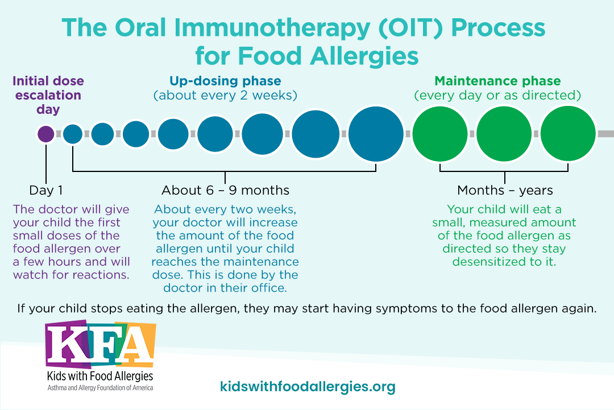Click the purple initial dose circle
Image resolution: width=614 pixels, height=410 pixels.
[46, 134]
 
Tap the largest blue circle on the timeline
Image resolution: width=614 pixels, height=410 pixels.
[376, 134]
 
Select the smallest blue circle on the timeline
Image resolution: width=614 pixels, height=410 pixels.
[73, 134]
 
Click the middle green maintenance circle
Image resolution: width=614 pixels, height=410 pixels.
[504, 134]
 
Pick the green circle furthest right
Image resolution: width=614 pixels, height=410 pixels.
[568, 134]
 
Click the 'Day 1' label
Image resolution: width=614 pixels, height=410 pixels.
[46, 190]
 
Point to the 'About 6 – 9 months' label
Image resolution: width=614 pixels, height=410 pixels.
[225, 190]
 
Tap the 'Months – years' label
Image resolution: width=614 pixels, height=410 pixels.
[505, 190]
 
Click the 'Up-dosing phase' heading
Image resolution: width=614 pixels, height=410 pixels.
[225, 81]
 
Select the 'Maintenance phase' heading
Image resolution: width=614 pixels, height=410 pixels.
[497, 81]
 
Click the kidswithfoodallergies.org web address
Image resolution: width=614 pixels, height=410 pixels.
[308, 387]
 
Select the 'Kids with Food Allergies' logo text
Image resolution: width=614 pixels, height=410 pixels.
[100, 376]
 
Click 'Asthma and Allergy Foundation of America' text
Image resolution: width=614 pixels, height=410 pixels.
[100, 388]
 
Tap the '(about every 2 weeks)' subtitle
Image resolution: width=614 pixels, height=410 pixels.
[225, 95]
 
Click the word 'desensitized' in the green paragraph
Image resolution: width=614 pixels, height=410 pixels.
[491, 262]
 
